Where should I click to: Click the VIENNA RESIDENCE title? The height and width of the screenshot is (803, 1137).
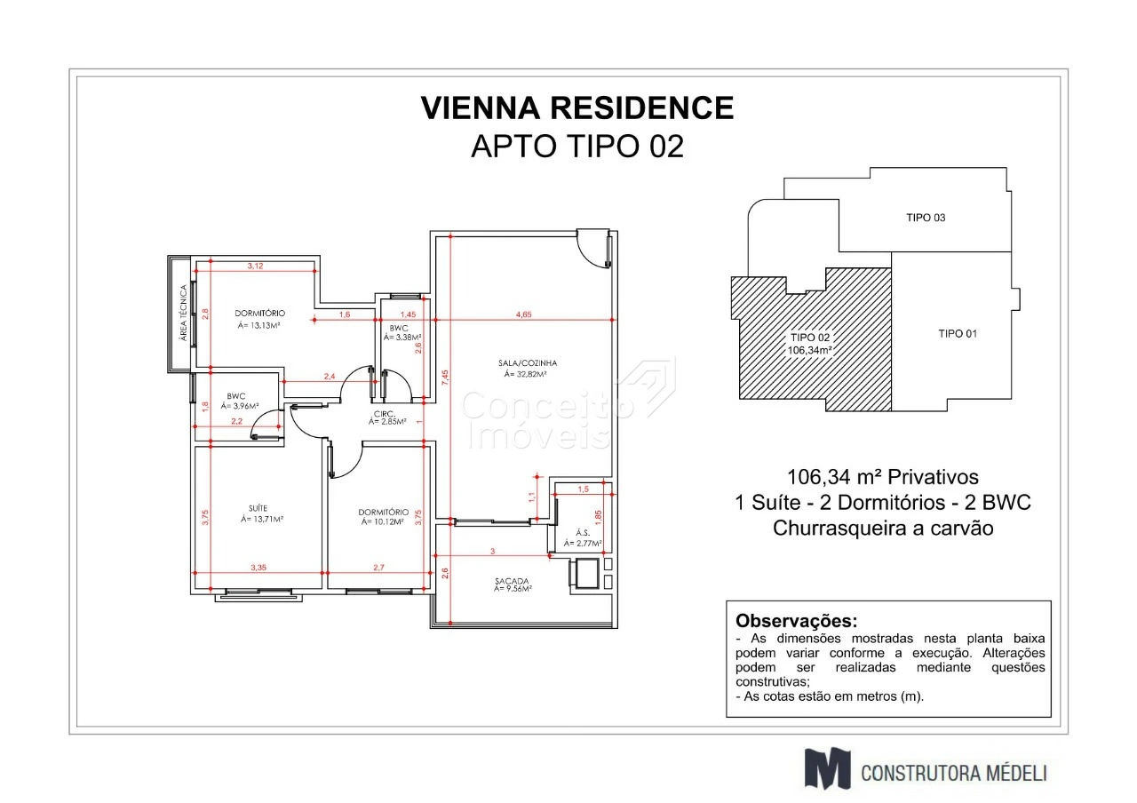click(x=577, y=107)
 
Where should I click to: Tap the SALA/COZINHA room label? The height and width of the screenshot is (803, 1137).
click(x=528, y=363)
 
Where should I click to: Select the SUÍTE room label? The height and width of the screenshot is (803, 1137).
click(x=258, y=508)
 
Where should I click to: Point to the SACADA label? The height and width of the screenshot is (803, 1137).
click(x=512, y=580)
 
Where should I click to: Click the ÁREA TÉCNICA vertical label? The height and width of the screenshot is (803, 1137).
click(x=184, y=313)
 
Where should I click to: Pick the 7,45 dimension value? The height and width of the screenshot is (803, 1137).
click(x=445, y=378)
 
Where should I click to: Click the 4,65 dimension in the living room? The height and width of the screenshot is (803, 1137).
click(x=523, y=314)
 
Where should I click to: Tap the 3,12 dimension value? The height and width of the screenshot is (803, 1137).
click(x=255, y=266)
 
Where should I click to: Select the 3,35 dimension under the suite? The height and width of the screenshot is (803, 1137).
click(x=258, y=568)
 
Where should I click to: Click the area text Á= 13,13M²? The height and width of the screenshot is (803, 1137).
click(x=259, y=325)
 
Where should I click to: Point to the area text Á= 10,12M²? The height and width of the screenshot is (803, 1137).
click(x=382, y=521)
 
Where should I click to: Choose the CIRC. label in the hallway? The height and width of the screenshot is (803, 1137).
click(x=385, y=414)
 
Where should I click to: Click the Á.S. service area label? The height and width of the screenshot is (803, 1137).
click(x=583, y=533)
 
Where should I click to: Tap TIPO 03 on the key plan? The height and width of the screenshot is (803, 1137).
click(x=926, y=218)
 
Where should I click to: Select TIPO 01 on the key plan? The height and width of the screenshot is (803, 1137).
click(x=958, y=334)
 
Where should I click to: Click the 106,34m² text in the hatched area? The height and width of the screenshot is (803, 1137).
click(x=809, y=350)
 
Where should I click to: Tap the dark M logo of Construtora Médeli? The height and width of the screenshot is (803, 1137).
click(x=827, y=768)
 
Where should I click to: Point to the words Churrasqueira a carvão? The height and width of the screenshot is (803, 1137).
click(x=883, y=529)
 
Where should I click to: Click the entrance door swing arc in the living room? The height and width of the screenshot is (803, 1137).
click(x=586, y=255)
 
